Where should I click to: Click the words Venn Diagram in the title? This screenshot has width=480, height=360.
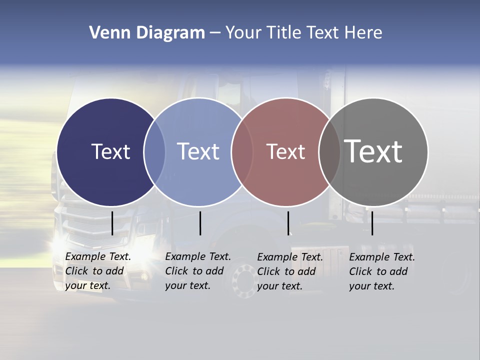point(147,32)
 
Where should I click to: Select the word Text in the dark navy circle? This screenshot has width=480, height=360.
point(110,151)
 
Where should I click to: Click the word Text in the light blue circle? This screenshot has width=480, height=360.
point(198,151)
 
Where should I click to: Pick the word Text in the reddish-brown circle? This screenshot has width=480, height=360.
point(285,151)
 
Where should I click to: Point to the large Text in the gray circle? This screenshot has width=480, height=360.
point(373,151)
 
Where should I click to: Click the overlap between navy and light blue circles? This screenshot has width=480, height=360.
point(154,151)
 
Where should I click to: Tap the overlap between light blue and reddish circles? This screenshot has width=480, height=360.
point(242,151)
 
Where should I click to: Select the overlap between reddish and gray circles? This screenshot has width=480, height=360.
point(329,151)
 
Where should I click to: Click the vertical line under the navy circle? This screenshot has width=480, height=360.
point(112,223)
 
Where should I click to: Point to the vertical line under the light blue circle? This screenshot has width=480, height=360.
point(200,223)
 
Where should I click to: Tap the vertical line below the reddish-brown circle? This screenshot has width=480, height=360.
point(288,223)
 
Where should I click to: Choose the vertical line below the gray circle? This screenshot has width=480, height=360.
point(372,223)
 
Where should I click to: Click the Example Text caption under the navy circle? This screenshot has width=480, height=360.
point(97,271)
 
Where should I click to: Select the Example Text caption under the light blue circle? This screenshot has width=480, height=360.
point(197,271)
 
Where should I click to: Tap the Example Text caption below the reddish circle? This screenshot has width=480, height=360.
point(289,271)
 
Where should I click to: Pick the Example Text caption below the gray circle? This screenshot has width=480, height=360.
point(381,271)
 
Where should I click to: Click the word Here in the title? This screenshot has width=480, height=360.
point(363,32)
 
